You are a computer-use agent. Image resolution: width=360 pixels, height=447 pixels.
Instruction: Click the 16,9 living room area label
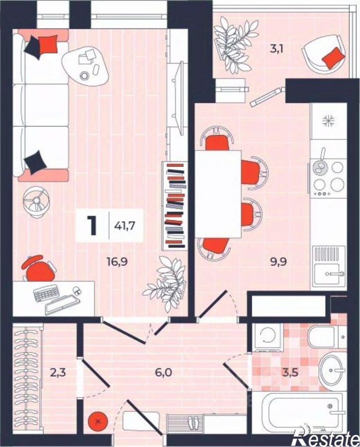click(117, 261)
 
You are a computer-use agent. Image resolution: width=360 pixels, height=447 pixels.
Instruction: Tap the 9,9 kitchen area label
click(279, 261)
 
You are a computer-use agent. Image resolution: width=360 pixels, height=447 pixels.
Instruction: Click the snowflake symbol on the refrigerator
click(328, 121)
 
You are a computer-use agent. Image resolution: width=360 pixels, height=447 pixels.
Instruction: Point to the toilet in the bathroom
click(327, 337)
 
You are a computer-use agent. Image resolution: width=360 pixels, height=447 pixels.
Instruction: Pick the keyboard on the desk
click(45, 293)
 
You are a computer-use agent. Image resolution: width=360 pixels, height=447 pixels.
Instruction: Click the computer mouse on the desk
click(77, 291)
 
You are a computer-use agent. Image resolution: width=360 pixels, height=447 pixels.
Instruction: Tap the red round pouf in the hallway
click(98, 421)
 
